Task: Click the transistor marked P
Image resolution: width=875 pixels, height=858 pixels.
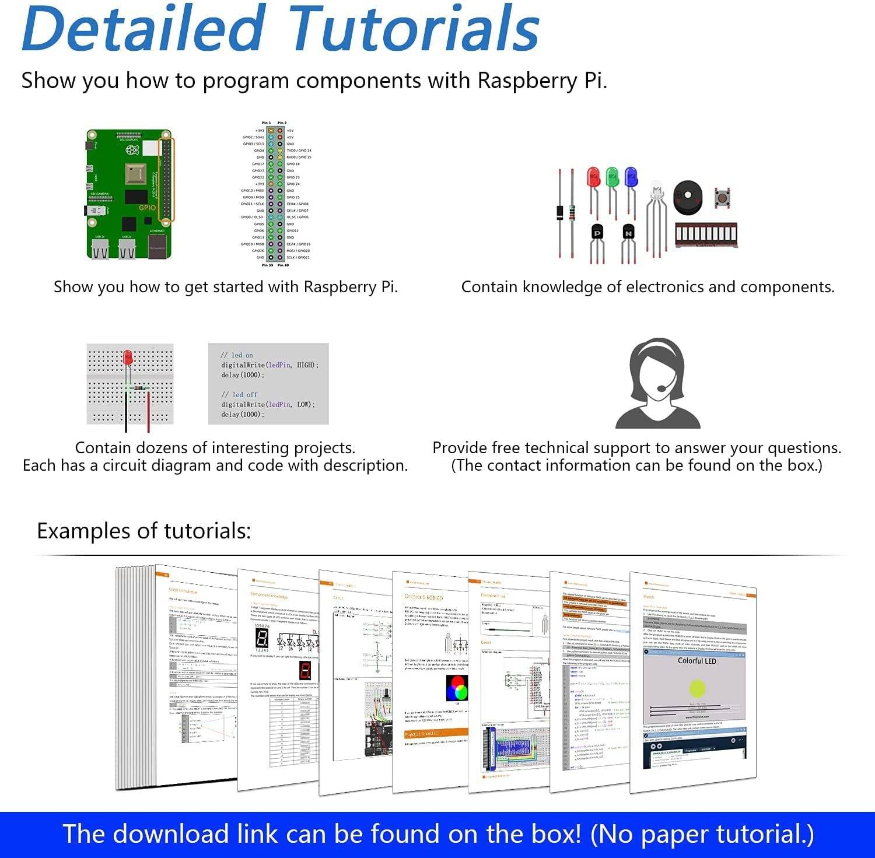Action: pyautogui.click(x=597, y=233)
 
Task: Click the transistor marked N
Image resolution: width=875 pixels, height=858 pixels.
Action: pyautogui.click(x=628, y=233)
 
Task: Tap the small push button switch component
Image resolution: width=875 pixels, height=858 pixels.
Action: pyautogui.click(x=723, y=198)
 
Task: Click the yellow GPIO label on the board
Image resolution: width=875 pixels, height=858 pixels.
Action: pyautogui.click(x=147, y=208)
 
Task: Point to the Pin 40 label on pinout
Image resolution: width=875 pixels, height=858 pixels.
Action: pyautogui.click(x=283, y=265)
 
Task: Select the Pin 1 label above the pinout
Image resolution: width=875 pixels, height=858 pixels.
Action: pyautogui.click(x=266, y=123)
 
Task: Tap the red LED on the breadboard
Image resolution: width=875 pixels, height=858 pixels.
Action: pyautogui.click(x=128, y=357)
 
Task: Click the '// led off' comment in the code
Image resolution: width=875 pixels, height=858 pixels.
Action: pyautogui.click(x=239, y=395)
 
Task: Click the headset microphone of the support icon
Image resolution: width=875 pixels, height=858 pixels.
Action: pyautogui.click(x=662, y=388)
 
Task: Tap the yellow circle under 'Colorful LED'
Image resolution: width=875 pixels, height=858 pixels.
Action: pyautogui.click(x=696, y=689)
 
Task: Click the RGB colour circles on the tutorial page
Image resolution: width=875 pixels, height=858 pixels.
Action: pyautogui.click(x=457, y=689)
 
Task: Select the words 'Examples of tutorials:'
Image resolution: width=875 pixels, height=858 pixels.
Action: pyautogui.click(x=143, y=531)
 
